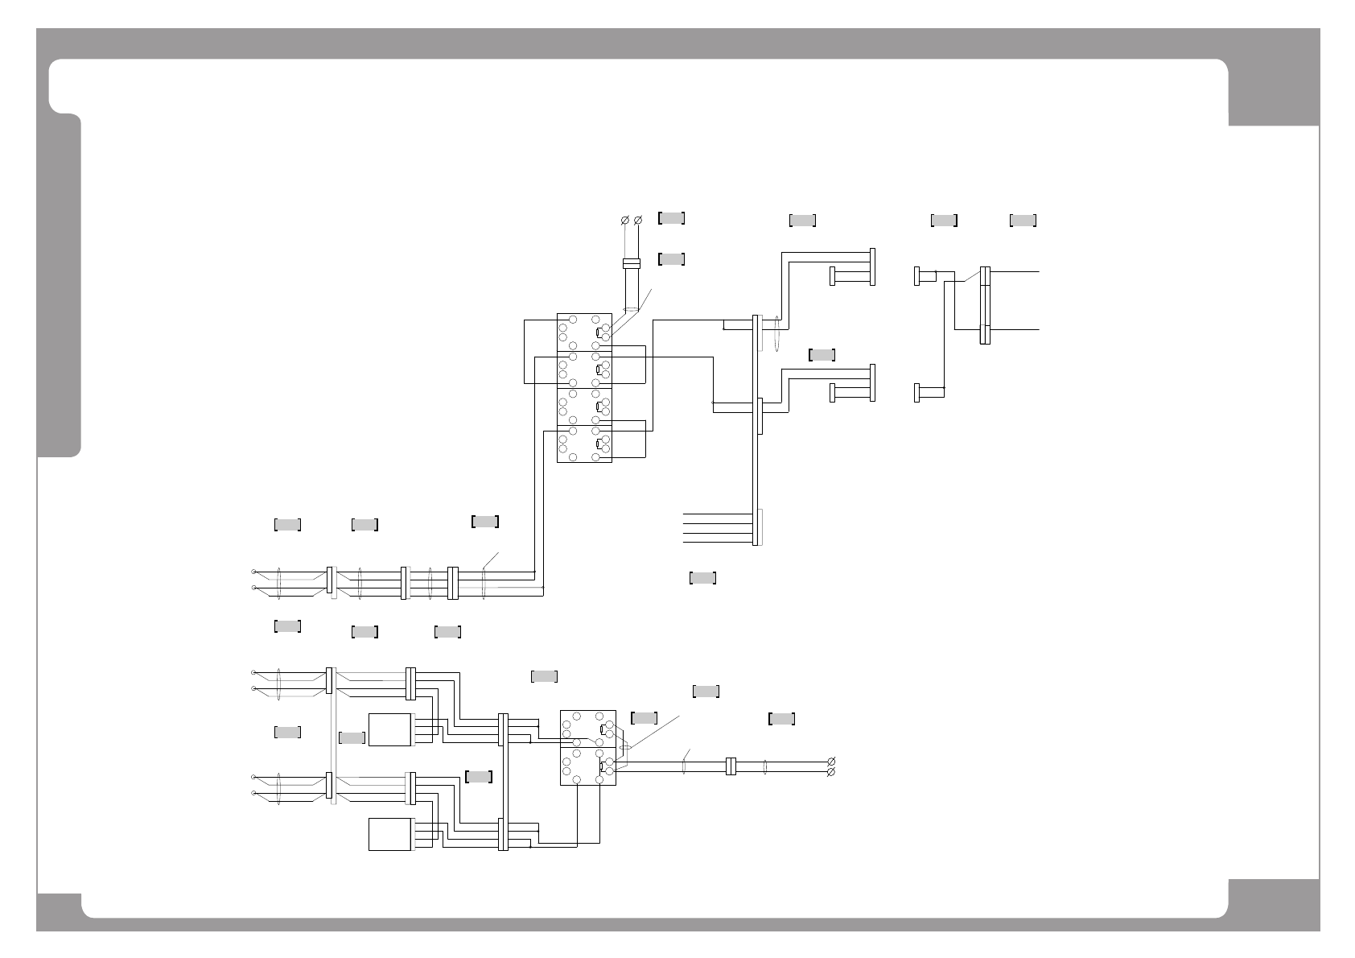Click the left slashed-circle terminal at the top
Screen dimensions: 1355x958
click(x=624, y=220)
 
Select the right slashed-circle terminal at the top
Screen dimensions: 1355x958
click(x=639, y=220)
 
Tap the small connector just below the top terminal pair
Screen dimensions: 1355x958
click(x=632, y=263)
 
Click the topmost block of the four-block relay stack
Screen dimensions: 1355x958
click(x=584, y=332)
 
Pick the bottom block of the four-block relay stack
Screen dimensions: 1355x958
click(x=584, y=444)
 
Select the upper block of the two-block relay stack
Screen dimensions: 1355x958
click(x=587, y=729)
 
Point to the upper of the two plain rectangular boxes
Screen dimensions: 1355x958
click(x=390, y=729)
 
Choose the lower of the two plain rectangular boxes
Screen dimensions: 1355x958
click(x=390, y=834)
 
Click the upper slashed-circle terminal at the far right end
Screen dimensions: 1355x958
click(x=831, y=762)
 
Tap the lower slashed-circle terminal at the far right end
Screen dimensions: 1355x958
click(x=831, y=772)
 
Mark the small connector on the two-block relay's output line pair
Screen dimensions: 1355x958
click(x=731, y=766)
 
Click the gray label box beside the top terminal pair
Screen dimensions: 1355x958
click(x=672, y=217)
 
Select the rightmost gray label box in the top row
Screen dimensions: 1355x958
click(x=1023, y=220)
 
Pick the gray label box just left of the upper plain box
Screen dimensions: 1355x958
click(x=352, y=737)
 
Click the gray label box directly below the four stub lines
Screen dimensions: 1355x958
click(x=702, y=577)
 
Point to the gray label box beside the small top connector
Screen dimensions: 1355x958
click(x=672, y=258)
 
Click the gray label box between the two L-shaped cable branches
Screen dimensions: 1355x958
click(x=822, y=354)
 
